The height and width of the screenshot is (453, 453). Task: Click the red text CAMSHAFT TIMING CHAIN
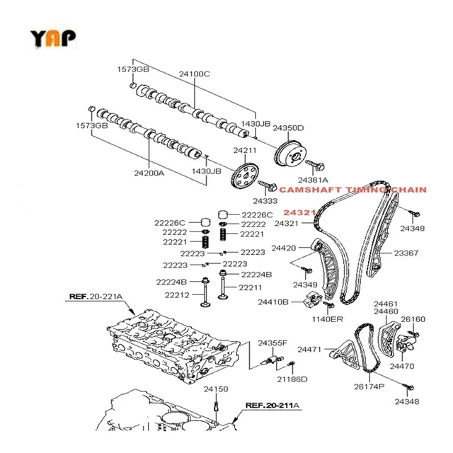352,190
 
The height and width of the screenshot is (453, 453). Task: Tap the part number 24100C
195,73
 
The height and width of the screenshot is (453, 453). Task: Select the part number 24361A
313,180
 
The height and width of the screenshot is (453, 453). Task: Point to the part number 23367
406,253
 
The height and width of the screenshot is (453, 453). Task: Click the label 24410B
273,302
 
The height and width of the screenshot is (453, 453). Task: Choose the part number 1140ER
328,319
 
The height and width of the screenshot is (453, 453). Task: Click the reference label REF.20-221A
95,297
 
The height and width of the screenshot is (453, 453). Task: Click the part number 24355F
272,343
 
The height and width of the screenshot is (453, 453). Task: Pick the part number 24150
217,389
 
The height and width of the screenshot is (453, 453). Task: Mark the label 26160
413,319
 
